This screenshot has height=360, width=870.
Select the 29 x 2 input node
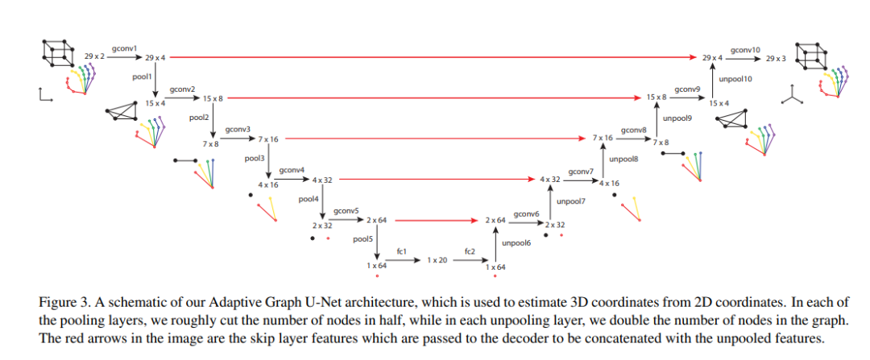tap(95, 57)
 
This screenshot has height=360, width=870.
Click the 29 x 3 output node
tap(777, 58)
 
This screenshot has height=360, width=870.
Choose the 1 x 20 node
tap(437, 260)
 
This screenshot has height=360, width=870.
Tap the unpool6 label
tap(516, 242)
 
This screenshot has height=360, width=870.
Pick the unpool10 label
tap(735, 79)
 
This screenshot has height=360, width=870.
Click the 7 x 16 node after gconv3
tap(267, 139)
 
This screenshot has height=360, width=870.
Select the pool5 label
tap(362, 239)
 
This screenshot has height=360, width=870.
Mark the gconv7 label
tap(580, 171)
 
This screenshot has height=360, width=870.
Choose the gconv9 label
tap(687, 89)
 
